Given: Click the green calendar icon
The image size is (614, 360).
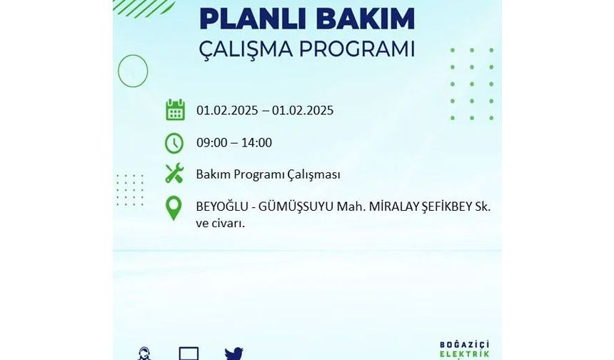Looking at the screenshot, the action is pos(175,110).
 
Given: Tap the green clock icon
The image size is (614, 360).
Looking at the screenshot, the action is pos(174,143).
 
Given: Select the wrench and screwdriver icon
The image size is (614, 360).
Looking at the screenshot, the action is pos(174,173).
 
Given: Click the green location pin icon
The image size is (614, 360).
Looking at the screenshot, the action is pos(174,208).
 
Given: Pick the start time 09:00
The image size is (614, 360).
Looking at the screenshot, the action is pos(212,143).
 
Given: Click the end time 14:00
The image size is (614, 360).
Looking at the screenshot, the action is pos(256,143).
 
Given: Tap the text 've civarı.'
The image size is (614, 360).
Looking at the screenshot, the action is pos(221,224).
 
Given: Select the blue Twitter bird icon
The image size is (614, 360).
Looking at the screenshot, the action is pos(234,354).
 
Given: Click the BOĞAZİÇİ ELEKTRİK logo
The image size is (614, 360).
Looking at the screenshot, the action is pos(464,350).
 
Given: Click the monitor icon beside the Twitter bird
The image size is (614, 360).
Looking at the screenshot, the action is pos(188,354).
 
